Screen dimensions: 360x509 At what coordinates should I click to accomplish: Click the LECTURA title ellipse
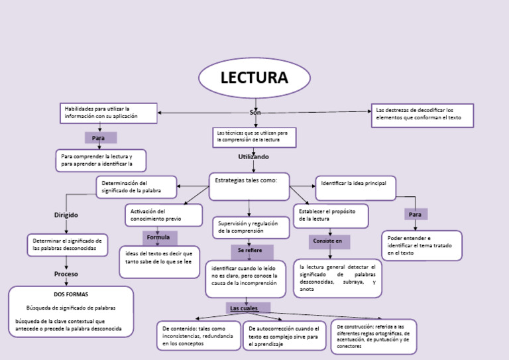(x=254, y=78)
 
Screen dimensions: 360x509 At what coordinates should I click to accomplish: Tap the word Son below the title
(x=254, y=113)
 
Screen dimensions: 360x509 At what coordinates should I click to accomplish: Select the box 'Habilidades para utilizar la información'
(x=109, y=113)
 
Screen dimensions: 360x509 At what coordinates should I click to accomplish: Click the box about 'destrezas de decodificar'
(x=422, y=114)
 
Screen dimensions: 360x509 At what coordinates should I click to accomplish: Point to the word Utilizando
(x=253, y=157)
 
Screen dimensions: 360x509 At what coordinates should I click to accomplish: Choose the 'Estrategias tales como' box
(x=249, y=186)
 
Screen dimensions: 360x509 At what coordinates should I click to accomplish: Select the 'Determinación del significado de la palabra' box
(x=137, y=187)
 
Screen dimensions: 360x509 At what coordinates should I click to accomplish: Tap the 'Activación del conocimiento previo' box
(x=163, y=215)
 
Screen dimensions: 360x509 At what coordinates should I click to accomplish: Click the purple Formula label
(x=159, y=237)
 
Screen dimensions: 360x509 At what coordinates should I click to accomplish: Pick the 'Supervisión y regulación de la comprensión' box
(x=251, y=227)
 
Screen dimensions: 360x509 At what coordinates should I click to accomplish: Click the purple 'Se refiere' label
(x=251, y=251)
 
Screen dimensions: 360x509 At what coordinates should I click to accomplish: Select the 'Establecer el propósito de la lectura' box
(x=330, y=215)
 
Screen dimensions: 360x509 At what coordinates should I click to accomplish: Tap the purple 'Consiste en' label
(x=329, y=241)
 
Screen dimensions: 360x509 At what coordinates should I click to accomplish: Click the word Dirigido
(x=66, y=215)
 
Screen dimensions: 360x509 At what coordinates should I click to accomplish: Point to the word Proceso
(x=66, y=274)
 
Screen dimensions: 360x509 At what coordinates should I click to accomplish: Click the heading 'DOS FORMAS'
(x=71, y=294)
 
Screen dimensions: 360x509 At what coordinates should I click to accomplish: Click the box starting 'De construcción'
(x=374, y=336)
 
